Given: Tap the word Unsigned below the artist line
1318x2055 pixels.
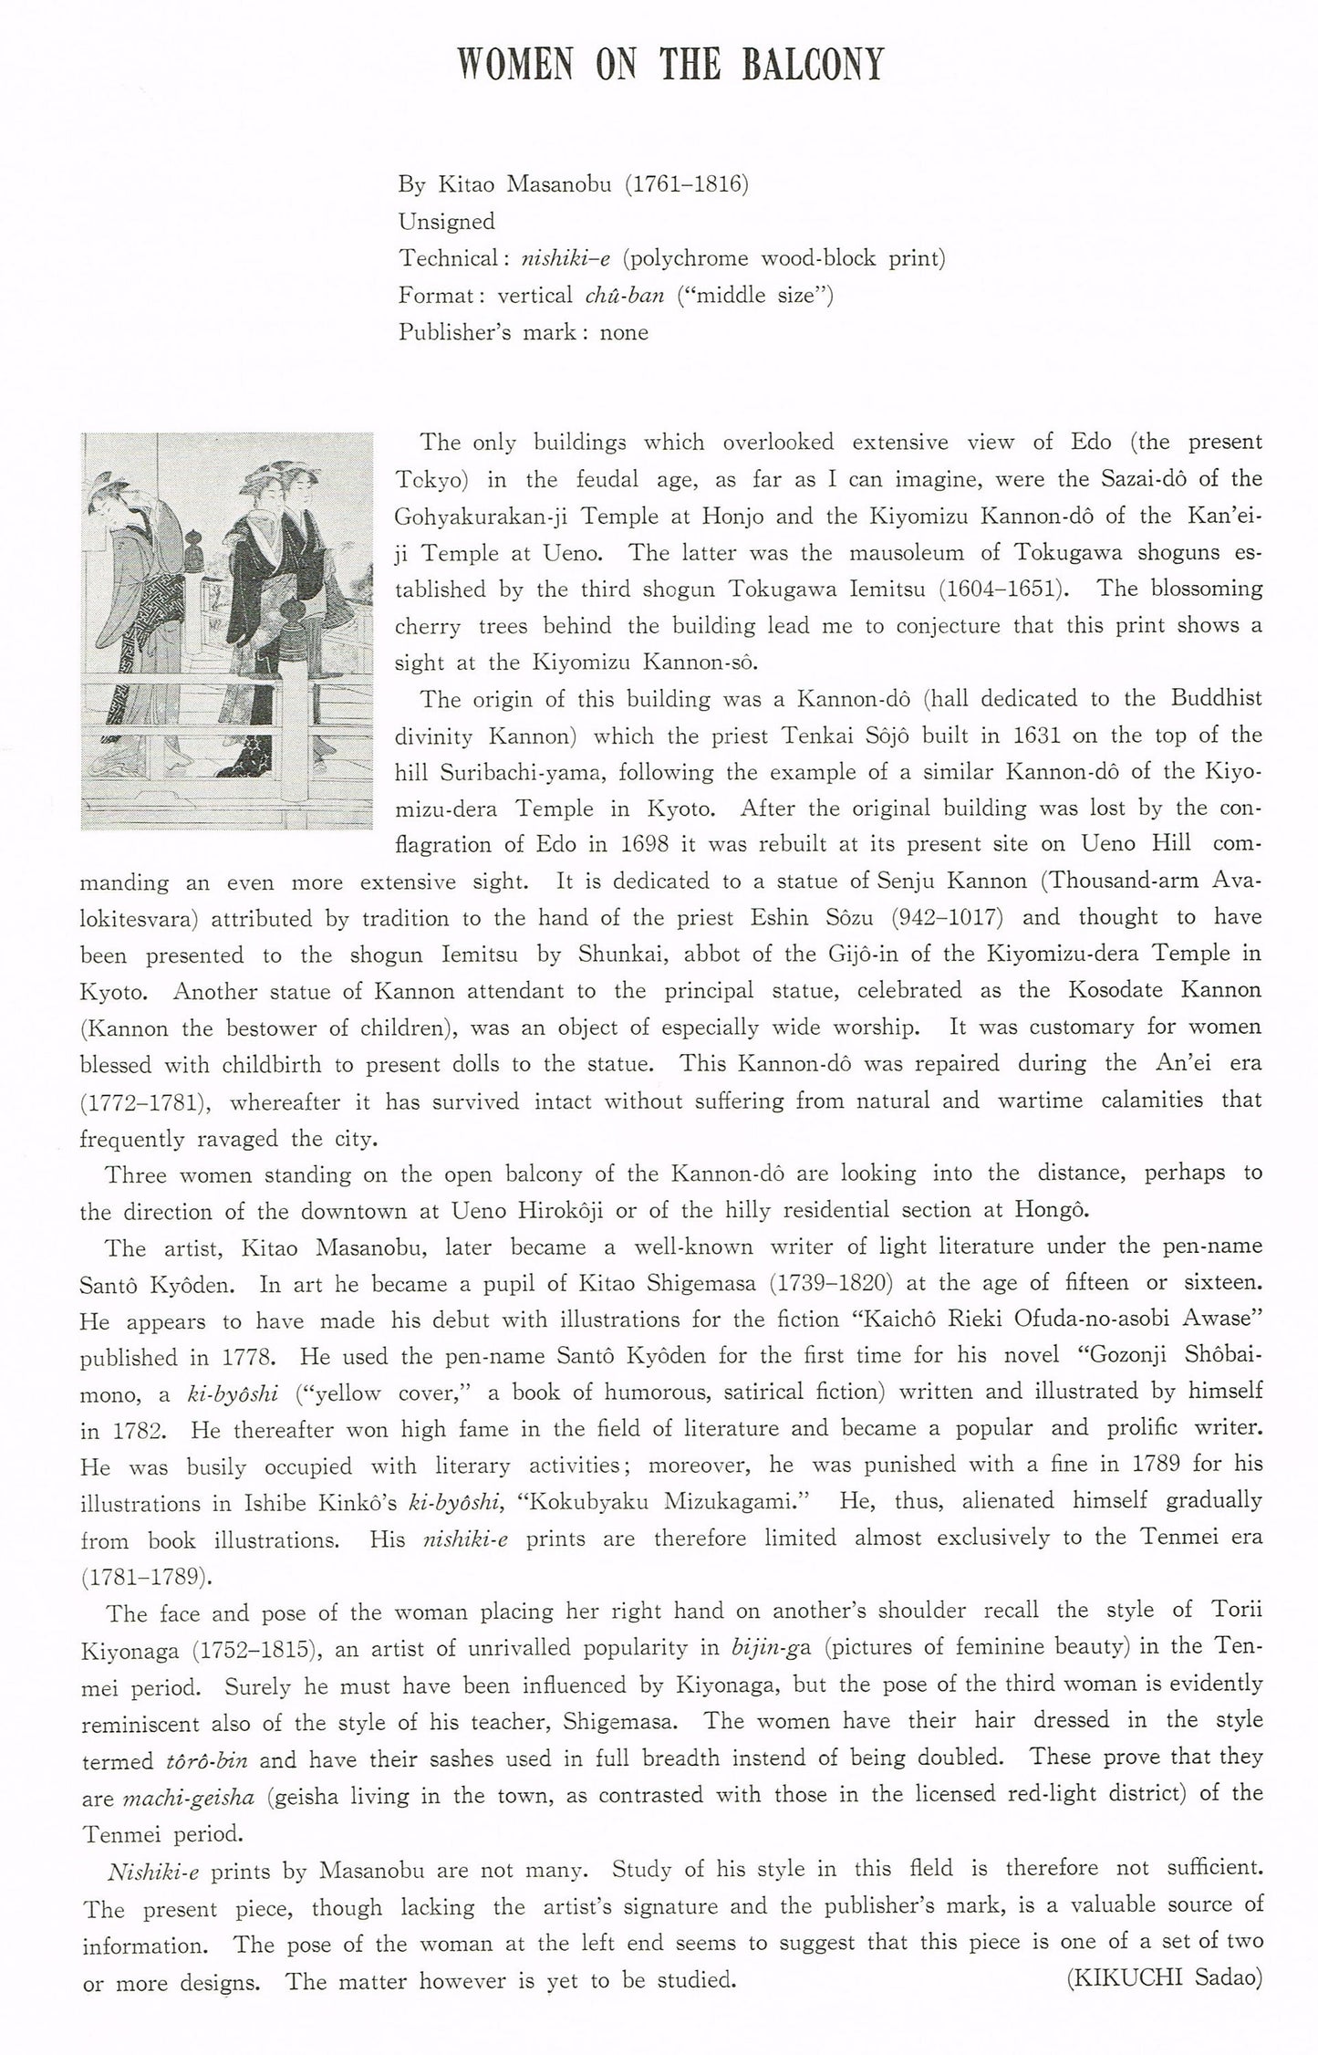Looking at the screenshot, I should (446, 222).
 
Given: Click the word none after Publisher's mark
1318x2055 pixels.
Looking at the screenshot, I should (624, 332).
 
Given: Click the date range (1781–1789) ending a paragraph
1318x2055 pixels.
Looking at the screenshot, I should (141, 1577).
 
